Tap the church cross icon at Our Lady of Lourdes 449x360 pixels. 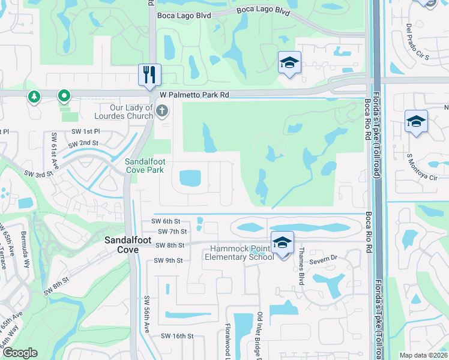(x=161, y=110)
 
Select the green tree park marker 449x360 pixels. (x=34, y=96)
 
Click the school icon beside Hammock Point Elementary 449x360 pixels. (x=282, y=242)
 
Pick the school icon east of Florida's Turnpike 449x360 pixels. (x=416, y=121)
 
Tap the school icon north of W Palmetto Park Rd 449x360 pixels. (x=289, y=62)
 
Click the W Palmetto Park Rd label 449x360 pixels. (x=194, y=95)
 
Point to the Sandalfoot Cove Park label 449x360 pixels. (x=144, y=166)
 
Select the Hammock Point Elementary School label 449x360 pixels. (x=238, y=253)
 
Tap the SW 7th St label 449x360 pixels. (x=173, y=231)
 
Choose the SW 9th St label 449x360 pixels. (x=168, y=260)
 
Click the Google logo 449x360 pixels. (x=19, y=353)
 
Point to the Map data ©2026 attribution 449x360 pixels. (x=423, y=355)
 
